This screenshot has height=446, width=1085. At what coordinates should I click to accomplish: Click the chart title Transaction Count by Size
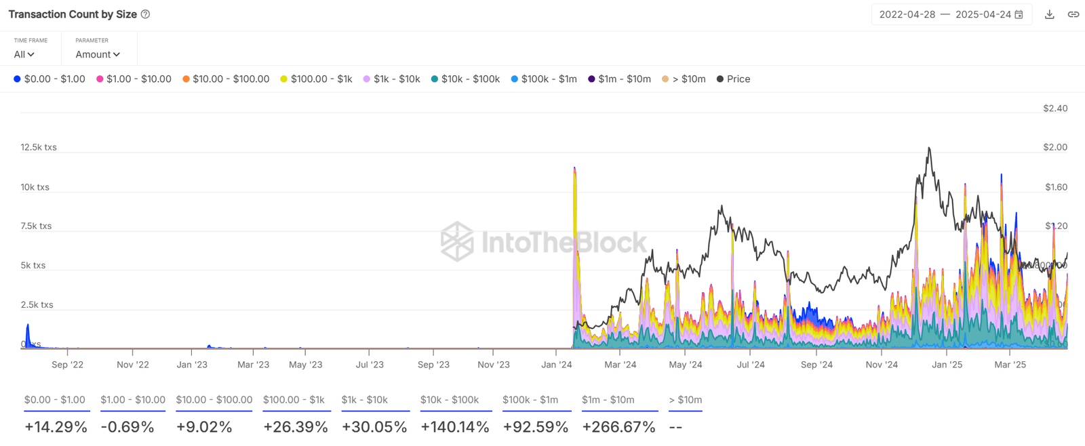pyautogui.click(x=73, y=14)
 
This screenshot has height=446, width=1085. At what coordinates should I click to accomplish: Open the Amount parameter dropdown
pyautogui.click(x=98, y=54)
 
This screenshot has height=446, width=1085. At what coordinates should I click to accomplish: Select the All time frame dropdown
pyautogui.click(x=24, y=54)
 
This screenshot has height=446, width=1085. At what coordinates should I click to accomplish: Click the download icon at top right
pyautogui.click(x=1049, y=14)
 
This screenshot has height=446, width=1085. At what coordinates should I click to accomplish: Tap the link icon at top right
pyautogui.click(x=1073, y=14)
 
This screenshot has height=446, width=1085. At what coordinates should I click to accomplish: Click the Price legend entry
pyautogui.click(x=734, y=79)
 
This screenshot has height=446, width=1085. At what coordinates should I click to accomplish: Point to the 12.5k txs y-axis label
pyautogui.click(x=39, y=147)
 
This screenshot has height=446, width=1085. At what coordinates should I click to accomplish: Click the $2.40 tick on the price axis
pyautogui.click(x=1055, y=108)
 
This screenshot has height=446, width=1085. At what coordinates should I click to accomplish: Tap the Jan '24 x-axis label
pyautogui.click(x=557, y=365)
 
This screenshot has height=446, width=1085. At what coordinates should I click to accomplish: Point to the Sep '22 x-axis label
pyautogui.click(x=67, y=365)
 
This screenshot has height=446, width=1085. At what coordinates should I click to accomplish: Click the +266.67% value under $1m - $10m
pyautogui.click(x=618, y=427)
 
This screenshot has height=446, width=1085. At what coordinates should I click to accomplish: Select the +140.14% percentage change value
pyautogui.click(x=454, y=427)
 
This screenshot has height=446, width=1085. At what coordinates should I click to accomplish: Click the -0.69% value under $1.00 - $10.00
pyautogui.click(x=127, y=427)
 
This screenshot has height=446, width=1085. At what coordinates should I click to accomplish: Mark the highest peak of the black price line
pyautogui.click(x=929, y=148)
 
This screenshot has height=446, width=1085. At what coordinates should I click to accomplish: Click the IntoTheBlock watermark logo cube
pyautogui.click(x=457, y=241)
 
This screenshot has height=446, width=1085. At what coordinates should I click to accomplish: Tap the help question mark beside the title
pyautogui.click(x=145, y=14)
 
